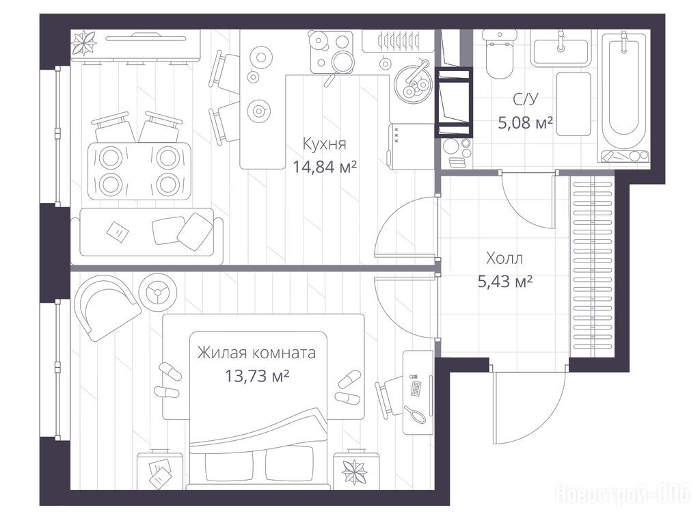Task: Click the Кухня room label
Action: (x=324, y=144)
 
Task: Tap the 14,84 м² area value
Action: (x=325, y=167)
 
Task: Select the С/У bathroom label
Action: (x=526, y=99)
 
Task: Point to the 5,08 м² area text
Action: (x=526, y=122)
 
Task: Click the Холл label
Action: (x=504, y=258)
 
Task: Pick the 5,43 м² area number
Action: (x=505, y=282)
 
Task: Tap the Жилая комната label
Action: (x=257, y=353)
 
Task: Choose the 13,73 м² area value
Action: (x=257, y=377)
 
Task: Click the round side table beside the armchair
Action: (x=158, y=293)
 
